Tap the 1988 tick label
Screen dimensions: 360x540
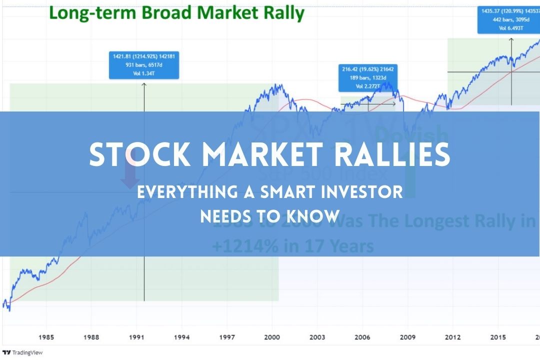91,337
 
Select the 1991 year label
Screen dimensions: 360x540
136,337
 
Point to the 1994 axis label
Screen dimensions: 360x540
181,337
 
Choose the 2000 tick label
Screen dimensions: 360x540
272,337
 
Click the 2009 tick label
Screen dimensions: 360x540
407,337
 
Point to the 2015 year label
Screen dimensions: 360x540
498,337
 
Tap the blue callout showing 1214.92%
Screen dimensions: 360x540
144,65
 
